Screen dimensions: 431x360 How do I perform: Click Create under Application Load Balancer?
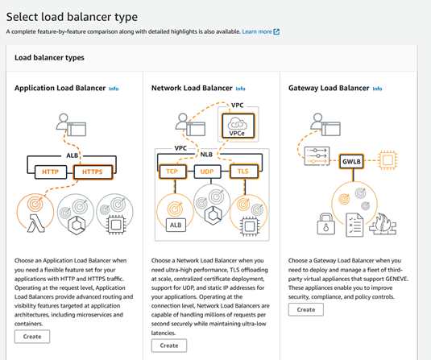[x=32, y=337]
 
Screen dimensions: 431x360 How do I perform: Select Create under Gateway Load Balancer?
[x=306, y=310]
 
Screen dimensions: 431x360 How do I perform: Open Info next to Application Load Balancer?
[x=114, y=89]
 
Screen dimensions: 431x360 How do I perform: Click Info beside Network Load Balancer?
[x=241, y=89]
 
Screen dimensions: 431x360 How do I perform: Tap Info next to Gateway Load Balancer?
[x=377, y=89]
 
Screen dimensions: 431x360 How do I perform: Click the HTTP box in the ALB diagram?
[x=51, y=172]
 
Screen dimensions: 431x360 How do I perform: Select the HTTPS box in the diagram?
[x=93, y=172]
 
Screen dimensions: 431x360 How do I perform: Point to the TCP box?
[x=172, y=172]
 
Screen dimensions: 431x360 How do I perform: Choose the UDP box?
[x=207, y=172]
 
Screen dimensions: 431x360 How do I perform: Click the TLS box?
[x=243, y=172]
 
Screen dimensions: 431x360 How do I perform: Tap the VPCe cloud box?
[x=238, y=126]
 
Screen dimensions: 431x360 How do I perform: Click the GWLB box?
[x=351, y=161]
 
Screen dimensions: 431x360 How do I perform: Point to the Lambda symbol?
[x=35, y=223]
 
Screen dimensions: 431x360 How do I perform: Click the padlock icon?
[x=326, y=224]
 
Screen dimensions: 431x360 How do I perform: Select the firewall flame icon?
[x=383, y=224]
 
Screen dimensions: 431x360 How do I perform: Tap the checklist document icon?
[x=354, y=225]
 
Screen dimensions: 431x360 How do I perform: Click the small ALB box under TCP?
[x=176, y=225]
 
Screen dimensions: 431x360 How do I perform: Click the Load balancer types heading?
[x=49, y=58]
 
